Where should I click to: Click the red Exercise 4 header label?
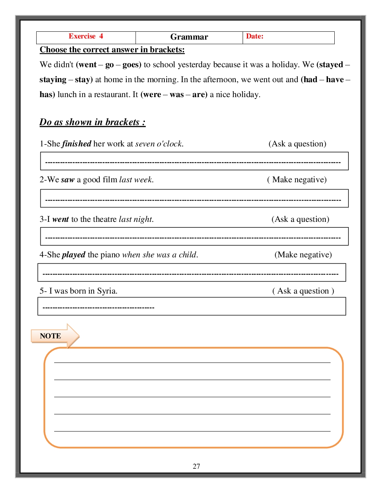(86, 36)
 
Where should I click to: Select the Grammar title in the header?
(189, 37)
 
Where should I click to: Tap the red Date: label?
(254, 36)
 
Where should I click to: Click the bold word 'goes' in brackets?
(131, 65)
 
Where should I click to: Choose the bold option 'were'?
(152, 94)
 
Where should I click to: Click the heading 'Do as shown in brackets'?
(92, 122)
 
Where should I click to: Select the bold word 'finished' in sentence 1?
(77, 144)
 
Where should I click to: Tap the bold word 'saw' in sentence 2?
(68, 180)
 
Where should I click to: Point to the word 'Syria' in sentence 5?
(107, 291)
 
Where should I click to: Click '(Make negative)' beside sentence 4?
(303, 255)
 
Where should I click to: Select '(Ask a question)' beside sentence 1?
(297, 144)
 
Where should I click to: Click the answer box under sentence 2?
(194, 198)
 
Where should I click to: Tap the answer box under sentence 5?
(192, 306)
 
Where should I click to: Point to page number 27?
(196, 466)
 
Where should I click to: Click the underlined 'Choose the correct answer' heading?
(112, 50)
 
